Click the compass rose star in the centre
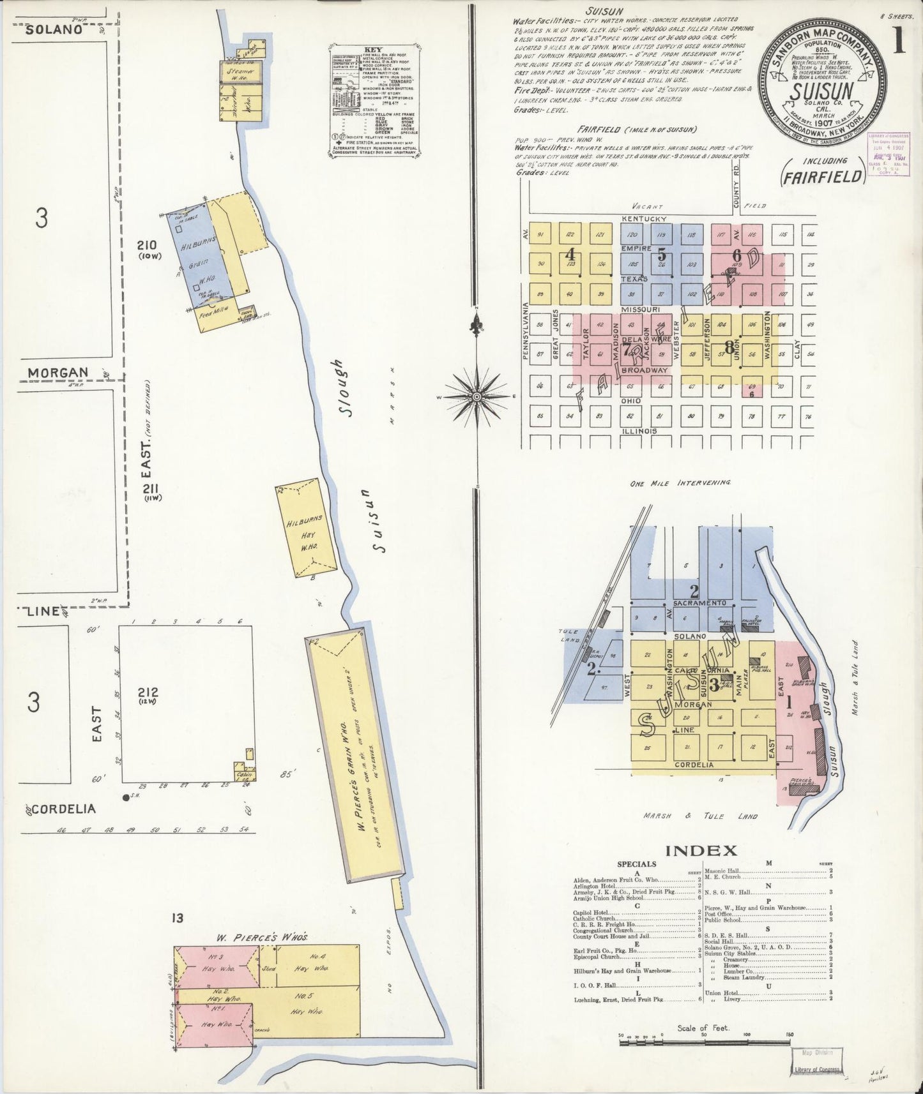(x=476, y=396)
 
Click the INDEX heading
(x=701, y=851)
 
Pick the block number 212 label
(x=151, y=694)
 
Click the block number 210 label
(x=147, y=244)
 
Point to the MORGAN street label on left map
(x=57, y=372)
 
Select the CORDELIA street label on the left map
(x=63, y=809)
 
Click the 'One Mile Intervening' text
(x=680, y=483)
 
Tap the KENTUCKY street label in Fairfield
(x=644, y=219)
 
